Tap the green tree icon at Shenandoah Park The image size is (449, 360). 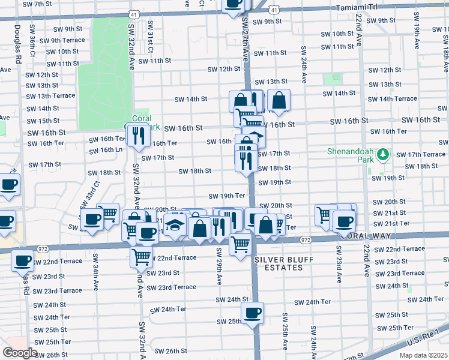[x=382, y=155]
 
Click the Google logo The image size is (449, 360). [x=20, y=353]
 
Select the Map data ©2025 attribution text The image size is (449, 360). [x=423, y=355]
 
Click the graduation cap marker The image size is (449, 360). [x=175, y=226]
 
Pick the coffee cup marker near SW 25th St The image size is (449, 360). [x=252, y=312]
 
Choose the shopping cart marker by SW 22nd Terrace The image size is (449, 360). [x=142, y=256]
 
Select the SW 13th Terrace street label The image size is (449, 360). [x=51, y=96]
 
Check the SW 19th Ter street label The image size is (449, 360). [x=227, y=196]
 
